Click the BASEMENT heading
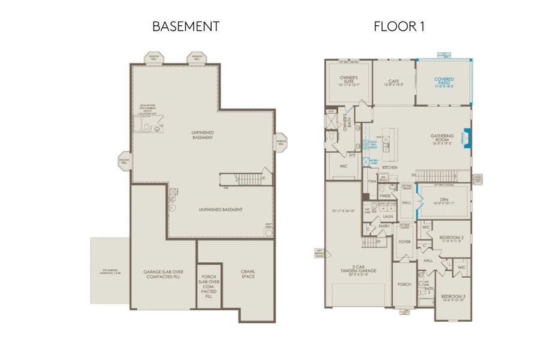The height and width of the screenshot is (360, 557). [185, 26]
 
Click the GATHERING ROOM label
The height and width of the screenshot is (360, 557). [442, 139]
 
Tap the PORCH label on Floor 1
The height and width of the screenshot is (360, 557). [405, 284]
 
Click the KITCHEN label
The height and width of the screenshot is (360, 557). [399, 167]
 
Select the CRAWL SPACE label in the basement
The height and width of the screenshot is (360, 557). [248, 274]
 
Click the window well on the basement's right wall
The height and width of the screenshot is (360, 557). [281, 142]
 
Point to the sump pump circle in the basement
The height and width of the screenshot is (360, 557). [268, 234]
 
